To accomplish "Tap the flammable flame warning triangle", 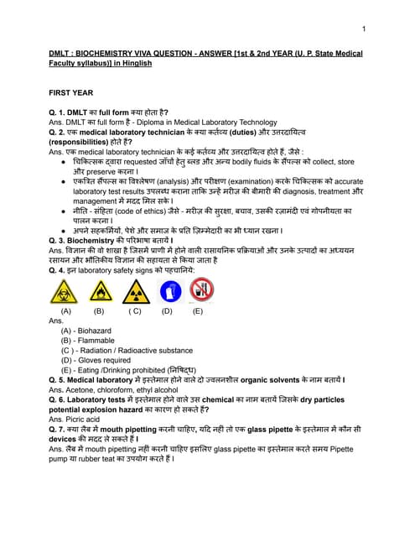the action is pos(99,291).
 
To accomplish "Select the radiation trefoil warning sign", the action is pos(134,291).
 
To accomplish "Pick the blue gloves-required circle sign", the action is pos(168,290).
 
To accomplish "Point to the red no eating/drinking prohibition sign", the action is pos(199,290).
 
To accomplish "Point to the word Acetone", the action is pos(82,390).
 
